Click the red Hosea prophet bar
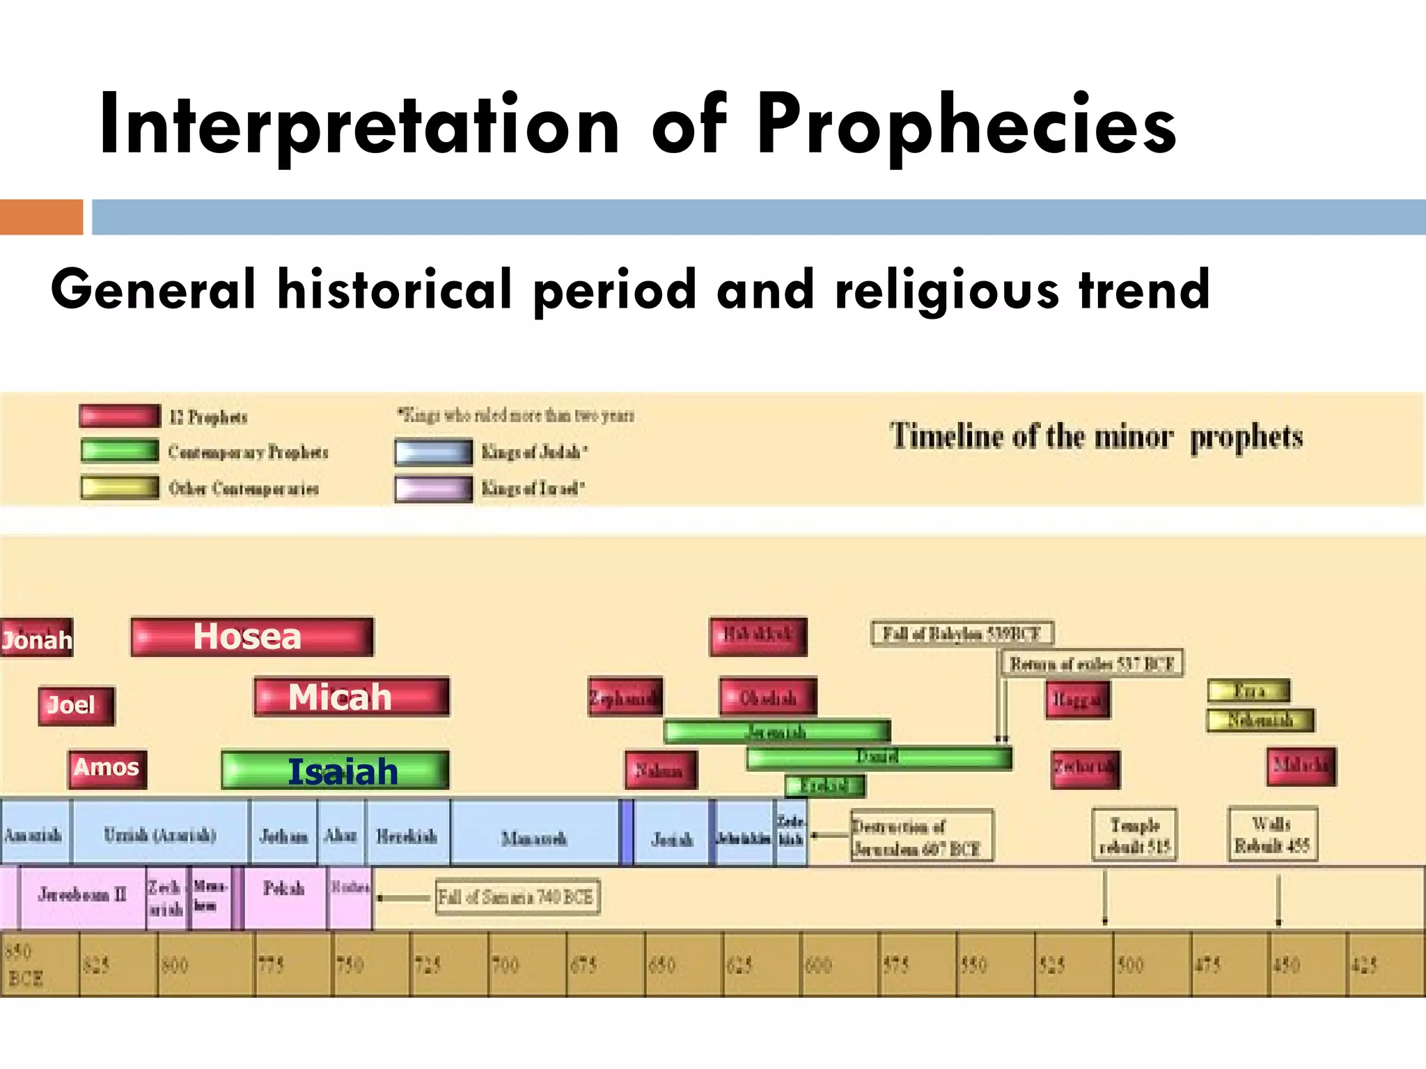click(x=252, y=637)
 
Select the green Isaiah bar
click(x=335, y=770)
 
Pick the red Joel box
click(x=76, y=706)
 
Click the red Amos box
click(x=107, y=768)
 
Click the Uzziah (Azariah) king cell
click(x=160, y=834)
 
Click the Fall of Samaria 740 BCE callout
click(x=517, y=898)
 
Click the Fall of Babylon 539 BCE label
click(x=962, y=634)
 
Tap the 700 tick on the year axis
click(x=506, y=965)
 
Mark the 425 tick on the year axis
click(x=1365, y=965)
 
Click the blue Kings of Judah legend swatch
click(x=433, y=452)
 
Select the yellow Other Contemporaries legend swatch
click(x=119, y=488)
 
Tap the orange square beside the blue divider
click(x=41, y=217)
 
